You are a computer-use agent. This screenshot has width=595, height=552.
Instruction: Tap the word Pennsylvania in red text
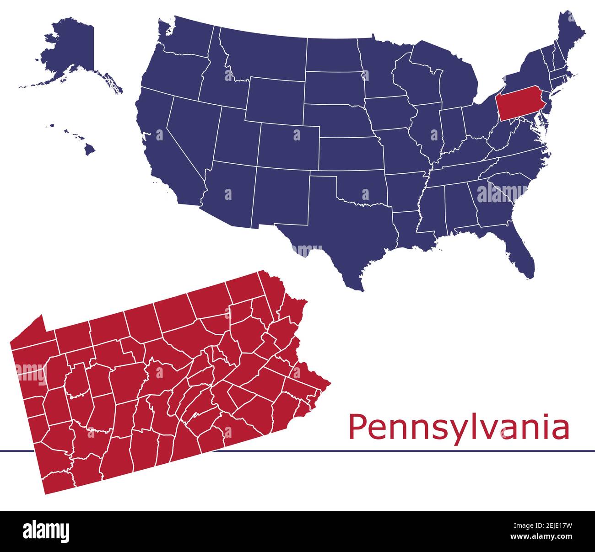tap(459, 427)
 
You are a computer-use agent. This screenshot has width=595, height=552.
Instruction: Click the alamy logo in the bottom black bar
tap(46, 531)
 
